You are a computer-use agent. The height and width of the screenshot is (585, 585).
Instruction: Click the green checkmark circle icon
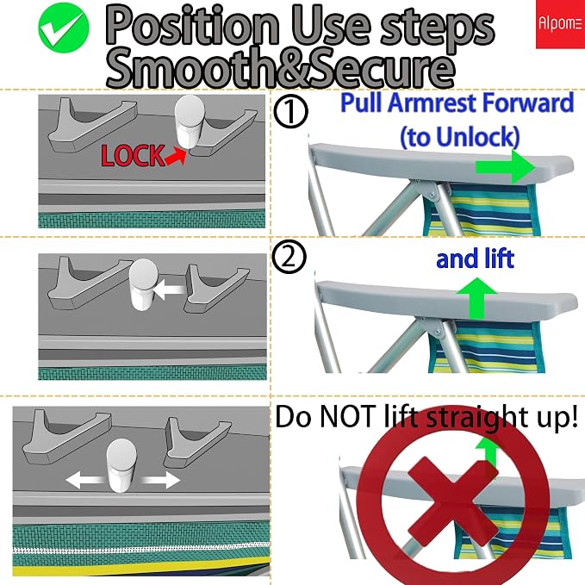64,28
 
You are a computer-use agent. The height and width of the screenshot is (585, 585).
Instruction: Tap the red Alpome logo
560,24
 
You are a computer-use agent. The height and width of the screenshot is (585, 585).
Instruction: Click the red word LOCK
133,155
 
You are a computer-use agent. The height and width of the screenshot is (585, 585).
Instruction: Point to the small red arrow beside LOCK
176,156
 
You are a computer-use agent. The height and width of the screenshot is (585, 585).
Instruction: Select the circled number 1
290,111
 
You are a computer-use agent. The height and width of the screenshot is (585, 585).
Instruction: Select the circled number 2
289,258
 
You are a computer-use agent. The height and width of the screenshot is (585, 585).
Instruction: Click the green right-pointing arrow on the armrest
506,167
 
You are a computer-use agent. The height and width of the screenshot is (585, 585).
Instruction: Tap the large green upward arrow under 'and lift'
476,298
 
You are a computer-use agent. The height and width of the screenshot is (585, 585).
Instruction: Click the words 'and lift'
475,258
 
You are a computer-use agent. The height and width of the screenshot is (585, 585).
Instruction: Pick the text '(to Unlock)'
460,136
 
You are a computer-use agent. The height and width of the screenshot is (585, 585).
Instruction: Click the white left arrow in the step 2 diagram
170,289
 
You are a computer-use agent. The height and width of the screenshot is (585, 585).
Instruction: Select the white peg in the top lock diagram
190,121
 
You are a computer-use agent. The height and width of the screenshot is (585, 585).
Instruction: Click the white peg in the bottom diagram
121,465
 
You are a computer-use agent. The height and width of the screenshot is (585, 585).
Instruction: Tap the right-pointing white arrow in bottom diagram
159,480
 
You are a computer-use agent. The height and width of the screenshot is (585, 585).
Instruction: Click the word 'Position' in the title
192,27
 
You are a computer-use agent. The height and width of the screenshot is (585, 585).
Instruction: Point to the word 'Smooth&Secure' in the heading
281,68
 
